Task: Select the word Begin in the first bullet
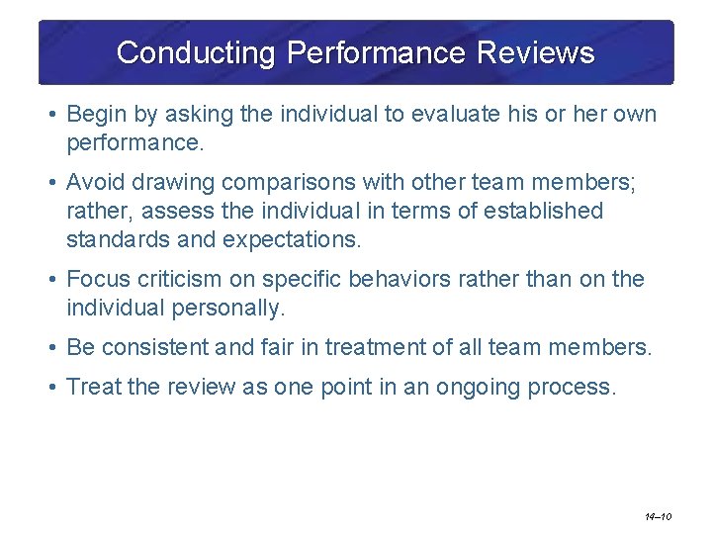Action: pyautogui.click(x=94, y=115)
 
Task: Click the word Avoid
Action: pyautogui.click(x=92, y=183)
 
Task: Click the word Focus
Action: pyautogui.click(x=95, y=280)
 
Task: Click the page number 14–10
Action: pyautogui.click(x=658, y=516)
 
